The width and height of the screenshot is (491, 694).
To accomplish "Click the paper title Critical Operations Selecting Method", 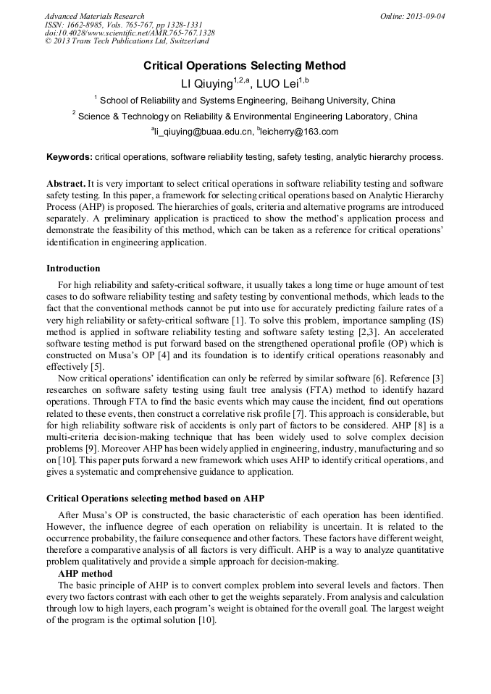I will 245,66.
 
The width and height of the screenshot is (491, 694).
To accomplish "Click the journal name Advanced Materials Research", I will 94,16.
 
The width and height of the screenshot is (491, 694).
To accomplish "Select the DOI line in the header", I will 130,33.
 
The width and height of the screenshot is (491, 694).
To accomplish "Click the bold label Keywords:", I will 70,157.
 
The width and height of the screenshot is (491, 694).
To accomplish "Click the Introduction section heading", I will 73,268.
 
